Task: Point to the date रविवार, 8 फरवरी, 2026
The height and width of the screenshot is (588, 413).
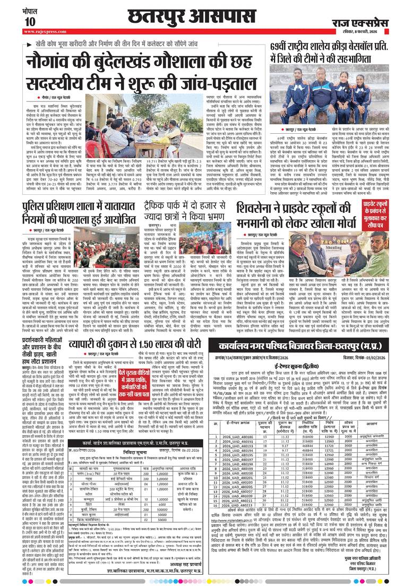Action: [x=366, y=31]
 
